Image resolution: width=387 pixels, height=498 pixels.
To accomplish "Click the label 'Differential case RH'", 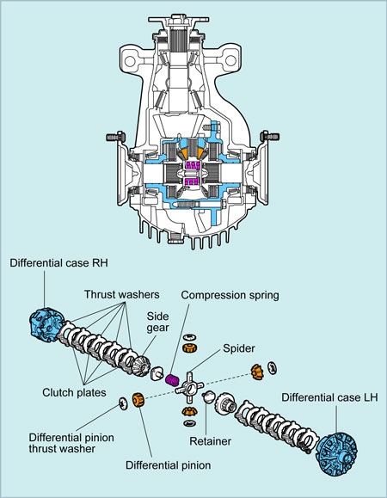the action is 58,263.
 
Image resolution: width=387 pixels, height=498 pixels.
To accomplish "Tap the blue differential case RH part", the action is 45,324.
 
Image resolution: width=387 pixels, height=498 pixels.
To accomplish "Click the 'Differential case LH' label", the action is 329,397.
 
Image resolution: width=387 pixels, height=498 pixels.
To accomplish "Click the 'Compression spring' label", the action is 230,295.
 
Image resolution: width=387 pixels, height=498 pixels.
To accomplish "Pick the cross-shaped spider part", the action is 189,387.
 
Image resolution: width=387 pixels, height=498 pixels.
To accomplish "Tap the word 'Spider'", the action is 239,348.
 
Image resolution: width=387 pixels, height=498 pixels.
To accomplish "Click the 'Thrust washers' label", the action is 121,294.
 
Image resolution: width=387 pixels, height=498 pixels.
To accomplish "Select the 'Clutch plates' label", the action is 74,392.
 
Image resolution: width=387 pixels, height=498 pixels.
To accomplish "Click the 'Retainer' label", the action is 210,441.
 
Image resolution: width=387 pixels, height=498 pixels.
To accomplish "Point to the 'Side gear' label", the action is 157,322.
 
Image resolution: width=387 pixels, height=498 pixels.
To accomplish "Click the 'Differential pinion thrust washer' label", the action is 71,443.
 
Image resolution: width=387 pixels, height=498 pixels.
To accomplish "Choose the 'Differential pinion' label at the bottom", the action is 169,465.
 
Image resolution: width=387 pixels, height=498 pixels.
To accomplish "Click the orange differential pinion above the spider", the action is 190,347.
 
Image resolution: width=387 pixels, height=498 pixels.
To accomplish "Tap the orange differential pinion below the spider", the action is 190,411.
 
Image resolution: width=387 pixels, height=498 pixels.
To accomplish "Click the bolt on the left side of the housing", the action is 115,137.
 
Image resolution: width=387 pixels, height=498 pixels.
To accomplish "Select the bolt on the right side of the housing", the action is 270,137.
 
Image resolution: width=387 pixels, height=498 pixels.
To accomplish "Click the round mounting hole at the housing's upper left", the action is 130,61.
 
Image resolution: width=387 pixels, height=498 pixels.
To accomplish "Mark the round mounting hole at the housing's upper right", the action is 230,60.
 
